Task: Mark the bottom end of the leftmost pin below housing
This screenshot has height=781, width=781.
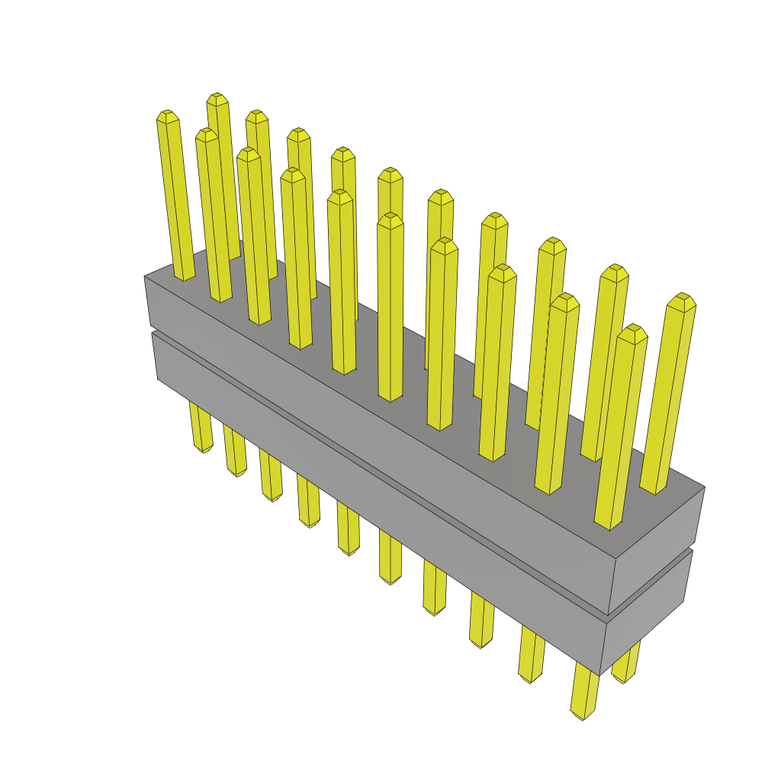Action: click(203, 450)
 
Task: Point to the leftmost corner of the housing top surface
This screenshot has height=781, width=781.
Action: click(145, 276)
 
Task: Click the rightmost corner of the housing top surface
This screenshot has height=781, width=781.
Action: click(704, 487)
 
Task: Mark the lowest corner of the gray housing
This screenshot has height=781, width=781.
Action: click(600, 676)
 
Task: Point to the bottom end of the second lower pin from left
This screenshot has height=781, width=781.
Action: click(236, 474)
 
